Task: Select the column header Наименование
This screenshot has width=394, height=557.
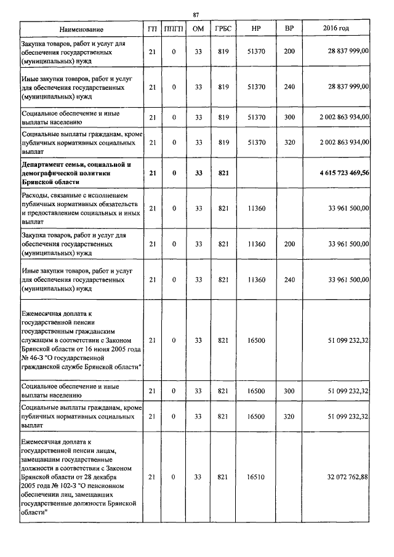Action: (x=81, y=30)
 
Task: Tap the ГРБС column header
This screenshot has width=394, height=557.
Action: (x=223, y=30)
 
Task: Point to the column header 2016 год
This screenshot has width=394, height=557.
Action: (x=336, y=30)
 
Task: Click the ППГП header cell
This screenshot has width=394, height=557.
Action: (x=174, y=30)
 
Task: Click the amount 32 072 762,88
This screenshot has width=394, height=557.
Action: (x=348, y=477)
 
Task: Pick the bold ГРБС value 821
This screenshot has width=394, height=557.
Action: (x=223, y=174)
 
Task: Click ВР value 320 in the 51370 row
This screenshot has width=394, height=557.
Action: (x=289, y=142)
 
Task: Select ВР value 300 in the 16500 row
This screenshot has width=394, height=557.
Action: (x=289, y=390)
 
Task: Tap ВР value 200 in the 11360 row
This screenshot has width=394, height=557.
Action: (x=289, y=244)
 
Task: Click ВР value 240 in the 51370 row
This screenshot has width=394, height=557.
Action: (x=289, y=88)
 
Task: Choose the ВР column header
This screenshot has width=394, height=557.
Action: (x=289, y=30)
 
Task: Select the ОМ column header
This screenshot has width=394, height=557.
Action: (x=198, y=30)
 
